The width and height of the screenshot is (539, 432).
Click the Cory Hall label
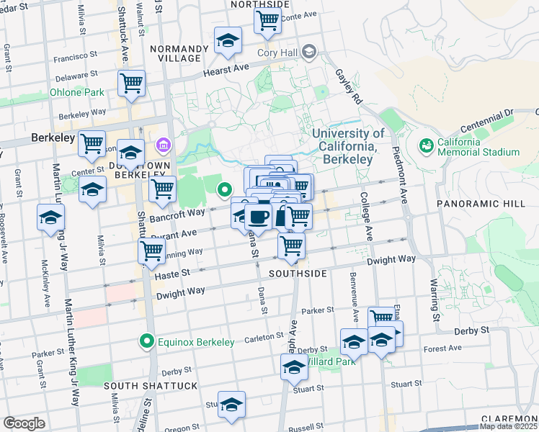pyautogui.click(x=277, y=52)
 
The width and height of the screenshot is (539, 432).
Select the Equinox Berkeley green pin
pyautogui.click(x=147, y=341)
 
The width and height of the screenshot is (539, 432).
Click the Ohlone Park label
pyautogui.click(x=76, y=92)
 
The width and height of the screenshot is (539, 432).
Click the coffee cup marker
pyautogui.click(x=258, y=216)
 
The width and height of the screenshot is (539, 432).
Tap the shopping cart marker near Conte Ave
pyautogui.click(x=267, y=21)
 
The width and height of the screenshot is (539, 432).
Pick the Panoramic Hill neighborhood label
pyautogui.click(x=481, y=204)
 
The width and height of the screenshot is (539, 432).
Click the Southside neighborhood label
pyautogui.click(x=298, y=274)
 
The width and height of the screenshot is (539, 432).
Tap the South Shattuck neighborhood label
pyautogui.click(x=151, y=386)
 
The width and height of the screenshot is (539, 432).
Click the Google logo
pyautogui.click(x=24, y=423)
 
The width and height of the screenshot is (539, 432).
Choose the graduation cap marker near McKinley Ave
pyautogui.click(x=50, y=217)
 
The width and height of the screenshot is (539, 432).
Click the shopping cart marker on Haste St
pyautogui.click(x=151, y=252)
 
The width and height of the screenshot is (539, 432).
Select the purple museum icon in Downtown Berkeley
pyautogui.click(x=163, y=146)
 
